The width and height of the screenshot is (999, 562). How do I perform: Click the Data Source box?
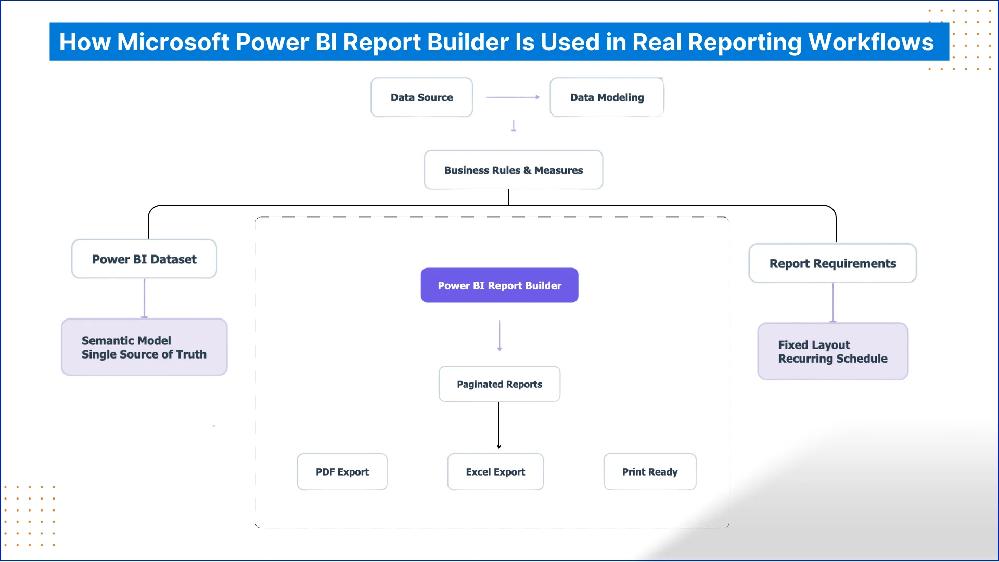pyautogui.click(x=421, y=97)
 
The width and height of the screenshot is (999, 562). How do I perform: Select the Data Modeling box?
pyautogui.click(x=607, y=97)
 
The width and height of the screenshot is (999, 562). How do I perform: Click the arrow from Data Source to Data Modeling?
pyautogui.click(x=513, y=97)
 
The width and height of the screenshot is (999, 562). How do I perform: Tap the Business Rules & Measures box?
pyautogui.click(x=513, y=170)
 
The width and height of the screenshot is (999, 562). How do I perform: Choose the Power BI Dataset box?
pyautogui.click(x=144, y=259)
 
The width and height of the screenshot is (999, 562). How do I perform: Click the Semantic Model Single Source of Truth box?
pyautogui.click(x=144, y=347)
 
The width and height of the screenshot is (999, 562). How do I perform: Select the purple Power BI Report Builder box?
pyautogui.click(x=499, y=285)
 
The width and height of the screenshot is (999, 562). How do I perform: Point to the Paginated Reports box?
pyautogui.click(x=499, y=384)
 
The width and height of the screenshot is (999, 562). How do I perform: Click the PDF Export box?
pyautogui.click(x=342, y=472)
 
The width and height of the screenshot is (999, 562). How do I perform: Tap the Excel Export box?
pyautogui.click(x=495, y=472)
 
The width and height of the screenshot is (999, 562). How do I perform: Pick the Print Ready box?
pyautogui.click(x=650, y=472)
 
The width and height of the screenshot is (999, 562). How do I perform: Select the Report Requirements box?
pyautogui.click(x=832, y=263)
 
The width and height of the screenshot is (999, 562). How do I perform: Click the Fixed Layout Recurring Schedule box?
pyautogui.click(x=832, y=352)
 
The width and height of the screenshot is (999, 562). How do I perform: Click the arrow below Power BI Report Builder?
pyautogui.click(x=499, y=336)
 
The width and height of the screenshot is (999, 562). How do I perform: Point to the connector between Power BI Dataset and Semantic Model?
pyautogui.click(x=144, y=298)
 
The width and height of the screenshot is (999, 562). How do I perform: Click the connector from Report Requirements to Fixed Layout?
pyautogui.click(x=832, y=303)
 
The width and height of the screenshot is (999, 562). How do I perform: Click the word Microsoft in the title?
pyautogui.click(x=173, y=42)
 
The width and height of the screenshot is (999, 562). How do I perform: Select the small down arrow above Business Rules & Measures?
pyautogui.click(x=514, y=126)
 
